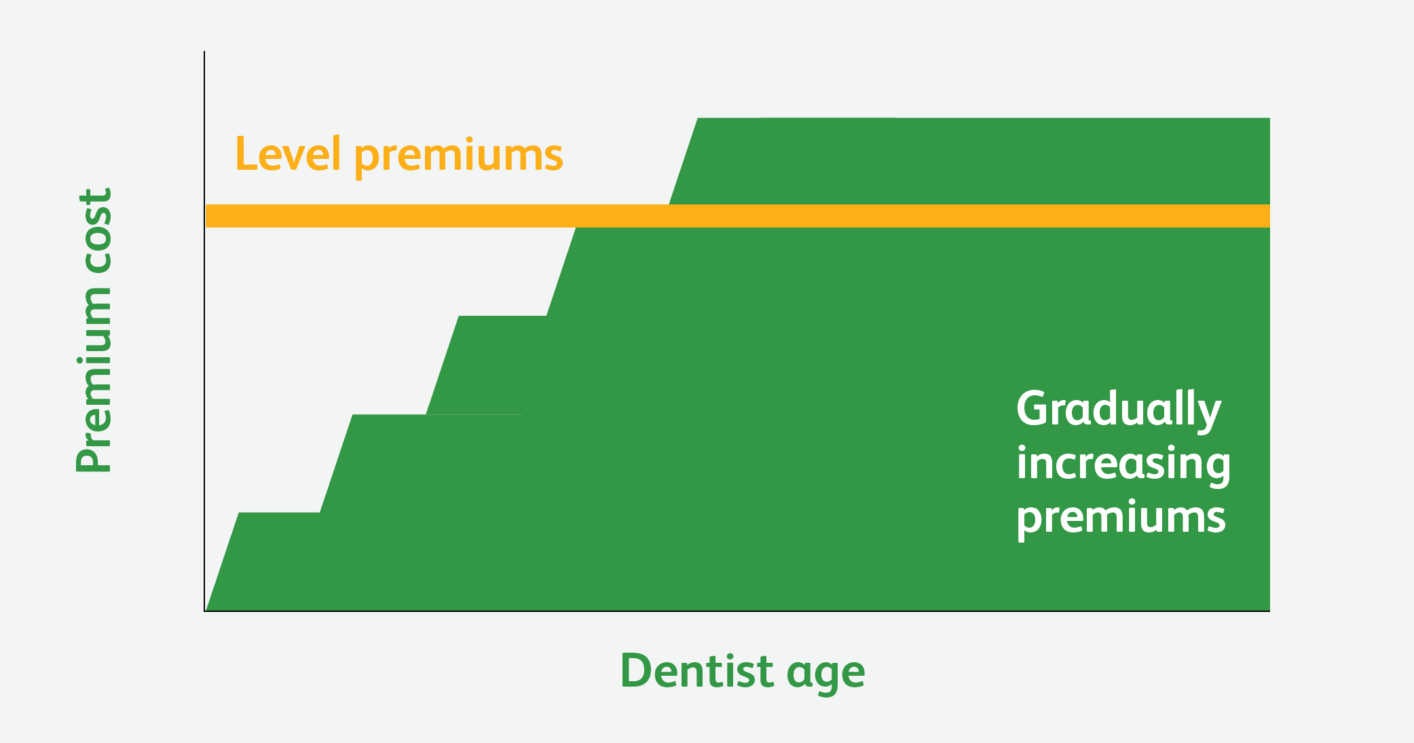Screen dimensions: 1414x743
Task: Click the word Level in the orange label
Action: pyautogui.click(x=288, y=153)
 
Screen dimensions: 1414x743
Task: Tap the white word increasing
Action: pyautogui.click(x=1123, y=465)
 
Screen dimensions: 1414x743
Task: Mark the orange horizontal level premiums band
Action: pyautogui.click(x=738, y=216)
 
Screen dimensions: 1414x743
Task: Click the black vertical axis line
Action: pyautogui.click(x=204, y=331)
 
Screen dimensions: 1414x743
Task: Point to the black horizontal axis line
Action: pyautogui.click(x=737, y=611)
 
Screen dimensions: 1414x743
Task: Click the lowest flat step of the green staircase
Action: pyautogui.click(x=279, y=513)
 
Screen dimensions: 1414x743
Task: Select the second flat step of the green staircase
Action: pyautogui.click(x=389, y=415)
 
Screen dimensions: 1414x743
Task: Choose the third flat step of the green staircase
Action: pyautogui.click(x=502, y=316)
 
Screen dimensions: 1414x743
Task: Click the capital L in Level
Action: pyautogui.click(x=246, y=153)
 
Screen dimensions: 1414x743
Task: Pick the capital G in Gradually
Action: pyautogui.click(x=1032, y=408)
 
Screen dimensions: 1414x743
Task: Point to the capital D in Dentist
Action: pyautogui.click(x=636, y=671)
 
